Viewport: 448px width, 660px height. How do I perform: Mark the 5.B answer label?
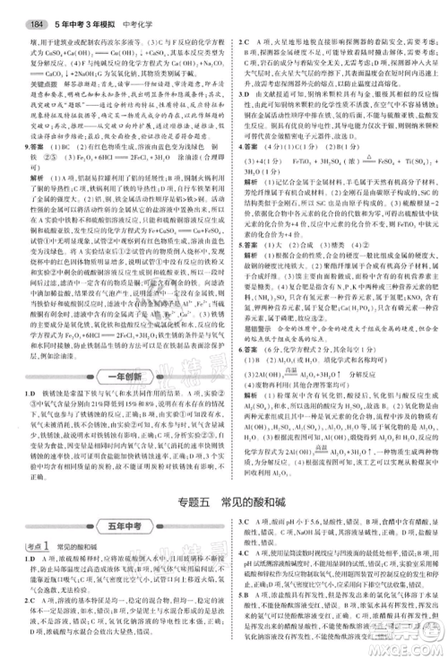(x=243, y=619)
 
